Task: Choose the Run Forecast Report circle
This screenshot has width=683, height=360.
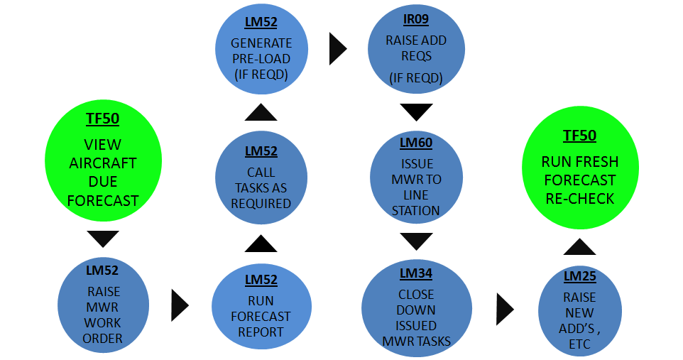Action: pyautogui.click(x=261, y=307)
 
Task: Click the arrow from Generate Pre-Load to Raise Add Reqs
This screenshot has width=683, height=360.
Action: pyautogui.click(x=338, y=49)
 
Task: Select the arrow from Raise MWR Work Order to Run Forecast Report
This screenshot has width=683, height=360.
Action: pyautogui.click(x=180, y=305)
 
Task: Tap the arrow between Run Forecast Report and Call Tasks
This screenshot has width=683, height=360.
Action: pyautogui.click(x=261, y=244)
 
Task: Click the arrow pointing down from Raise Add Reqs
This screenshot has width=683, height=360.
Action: pyautogui.click(x=416, y=111)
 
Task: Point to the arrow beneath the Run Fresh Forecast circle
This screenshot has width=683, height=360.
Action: pyautogui.click(x=579, y=246)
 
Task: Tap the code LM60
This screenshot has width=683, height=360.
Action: pyautogui.click(x=416, y=143)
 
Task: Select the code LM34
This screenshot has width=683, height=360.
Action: pyautogui.click(x=416, y=273)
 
